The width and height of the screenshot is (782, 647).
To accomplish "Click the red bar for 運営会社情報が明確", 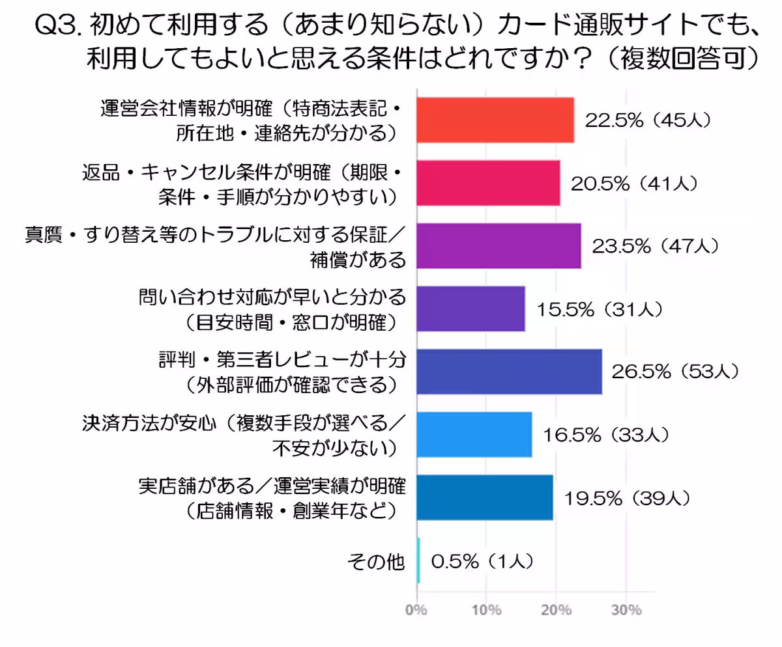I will tap(495, 120).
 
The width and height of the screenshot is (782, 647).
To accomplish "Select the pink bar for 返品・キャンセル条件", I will tap(487, 183).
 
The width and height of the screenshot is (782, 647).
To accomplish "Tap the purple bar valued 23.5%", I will tap(498, 246).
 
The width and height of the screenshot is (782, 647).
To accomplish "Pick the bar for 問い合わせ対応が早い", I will tap(470, 309).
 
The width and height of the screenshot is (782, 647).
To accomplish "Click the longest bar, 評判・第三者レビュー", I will tap(508, 372).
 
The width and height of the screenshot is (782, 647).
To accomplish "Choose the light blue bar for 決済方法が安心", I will tap(474, 435).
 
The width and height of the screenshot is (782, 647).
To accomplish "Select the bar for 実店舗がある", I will tap(484, 497).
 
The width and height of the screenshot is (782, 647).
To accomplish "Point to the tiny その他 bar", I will tap(418, 560).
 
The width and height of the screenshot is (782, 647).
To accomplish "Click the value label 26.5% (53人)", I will tap(674, 372).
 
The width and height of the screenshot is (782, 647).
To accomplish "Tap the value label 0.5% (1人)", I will tap(484, 560).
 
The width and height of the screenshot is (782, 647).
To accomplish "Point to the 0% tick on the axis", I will tap(416, 611).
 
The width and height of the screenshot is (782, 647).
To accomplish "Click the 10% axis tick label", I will tap(486, 611).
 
